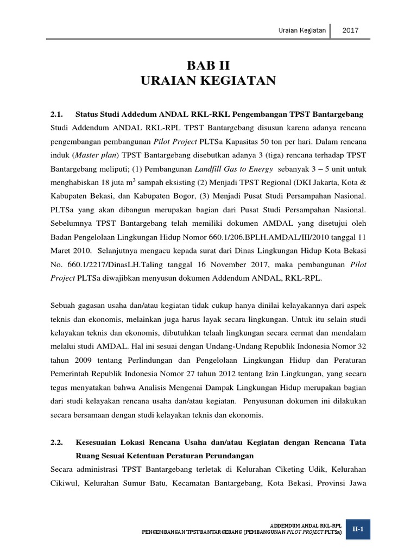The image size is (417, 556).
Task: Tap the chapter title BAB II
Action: (208, 66)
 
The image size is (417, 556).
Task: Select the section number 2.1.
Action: (56, 115)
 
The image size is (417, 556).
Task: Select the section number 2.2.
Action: (56, 443)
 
